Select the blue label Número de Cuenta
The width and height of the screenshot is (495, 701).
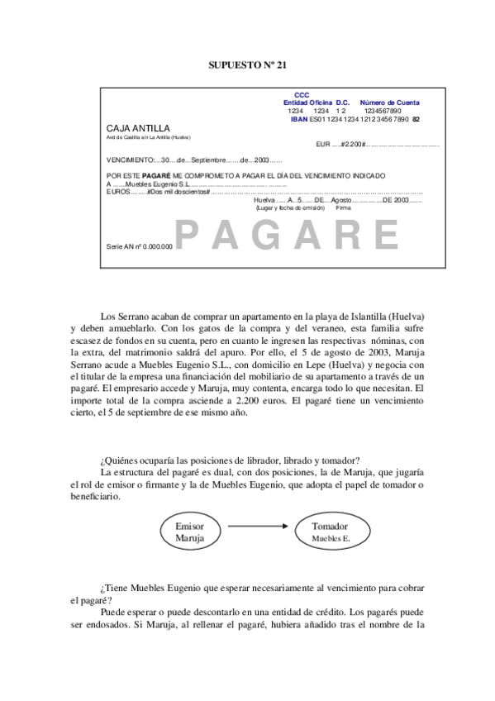click(389, 103)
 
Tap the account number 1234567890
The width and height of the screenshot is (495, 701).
click(383, 111)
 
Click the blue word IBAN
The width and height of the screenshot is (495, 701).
click(299, 119)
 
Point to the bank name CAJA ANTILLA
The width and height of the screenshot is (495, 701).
click(138, 128)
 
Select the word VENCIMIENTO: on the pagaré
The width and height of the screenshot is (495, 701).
click(131, 160)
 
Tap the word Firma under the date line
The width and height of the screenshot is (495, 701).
click(344, 207)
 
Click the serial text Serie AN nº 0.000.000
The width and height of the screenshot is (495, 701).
click(140, 246)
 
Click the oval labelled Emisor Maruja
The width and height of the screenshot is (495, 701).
click(189, 532)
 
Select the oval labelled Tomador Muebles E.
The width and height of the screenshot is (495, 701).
click(331, 532)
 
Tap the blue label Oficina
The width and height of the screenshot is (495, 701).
click(321, 103)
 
